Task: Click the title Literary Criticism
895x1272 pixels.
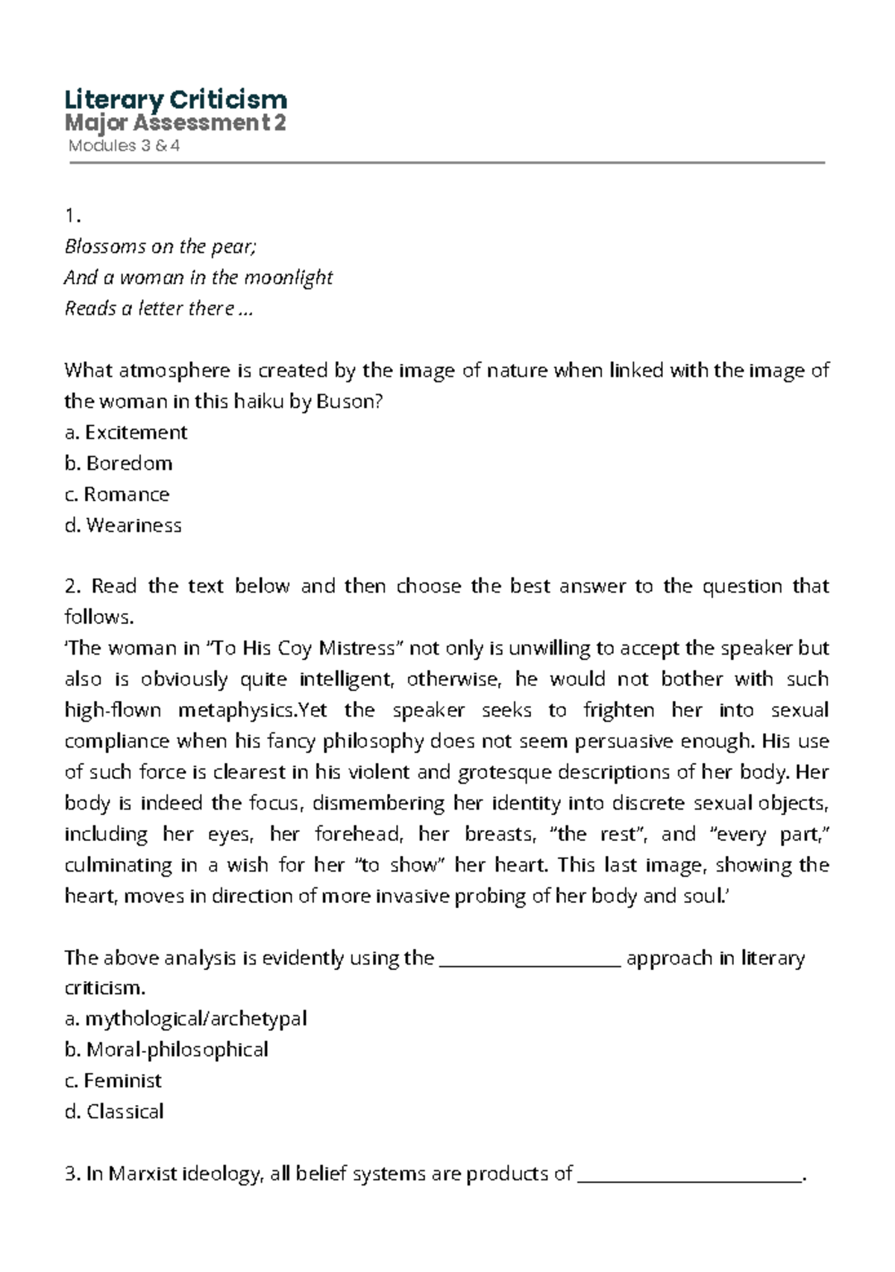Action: (176, 99)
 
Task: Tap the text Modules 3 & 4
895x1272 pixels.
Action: (124, 145)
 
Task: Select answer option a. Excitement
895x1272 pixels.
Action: (126, 432)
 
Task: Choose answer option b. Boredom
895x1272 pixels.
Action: (119, 463)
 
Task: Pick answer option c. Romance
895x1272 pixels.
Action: (117, 494)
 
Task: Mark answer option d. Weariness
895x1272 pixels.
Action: (123, 525)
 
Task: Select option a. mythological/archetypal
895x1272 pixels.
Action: (186, 1018)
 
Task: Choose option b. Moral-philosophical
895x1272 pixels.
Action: (166, 1050)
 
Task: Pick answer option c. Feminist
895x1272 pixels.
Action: (113, 1080)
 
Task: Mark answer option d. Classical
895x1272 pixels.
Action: (114, 1112)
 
